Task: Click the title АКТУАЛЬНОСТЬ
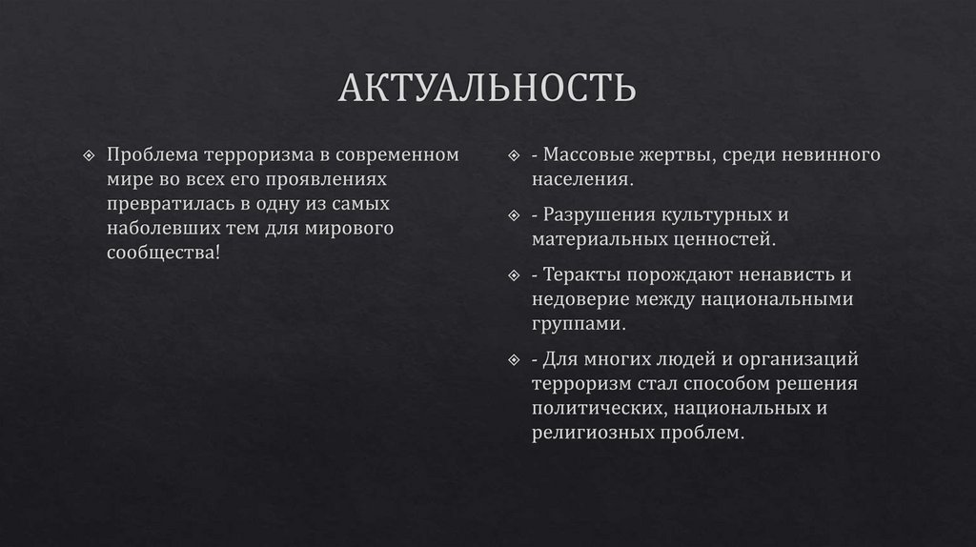coord(487,89)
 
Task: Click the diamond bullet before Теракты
coord(513,275)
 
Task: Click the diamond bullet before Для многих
coord(513,360)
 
